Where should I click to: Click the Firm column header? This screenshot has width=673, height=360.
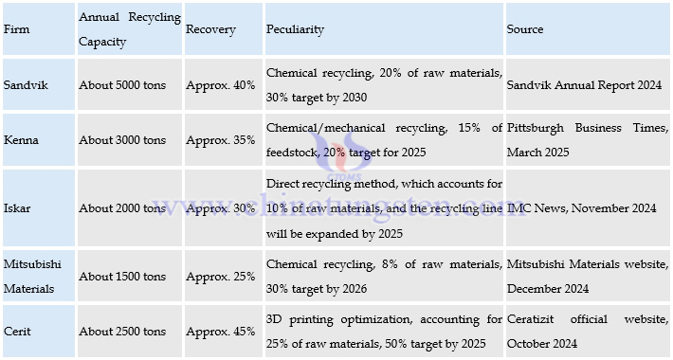click(16, 29)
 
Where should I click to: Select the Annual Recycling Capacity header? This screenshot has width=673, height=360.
click(129, 29)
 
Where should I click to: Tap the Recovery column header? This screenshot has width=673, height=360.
click(210, 29)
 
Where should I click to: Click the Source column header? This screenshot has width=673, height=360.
click(525, 29)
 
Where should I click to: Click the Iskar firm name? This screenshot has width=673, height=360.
click(18, 208)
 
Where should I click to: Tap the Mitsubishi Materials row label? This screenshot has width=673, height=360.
click(33, 276)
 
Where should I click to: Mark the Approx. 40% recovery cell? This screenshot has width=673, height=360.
click(221, 85)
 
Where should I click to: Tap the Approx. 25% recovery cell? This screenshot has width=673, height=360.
click(221, 276)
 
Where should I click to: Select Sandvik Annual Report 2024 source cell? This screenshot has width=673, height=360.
click(584, 85)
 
